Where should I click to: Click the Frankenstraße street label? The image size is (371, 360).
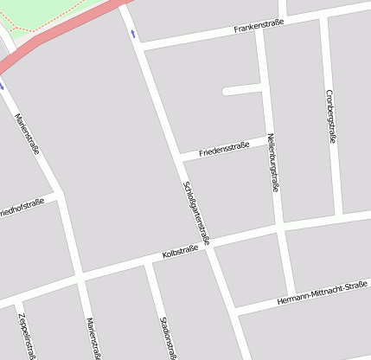(x=259, y=27)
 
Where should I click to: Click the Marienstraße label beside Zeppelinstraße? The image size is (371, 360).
(x=93, y=337)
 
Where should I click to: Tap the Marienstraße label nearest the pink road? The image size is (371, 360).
(x=28, y=129)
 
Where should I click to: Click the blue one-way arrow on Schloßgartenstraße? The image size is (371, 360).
(x=132, y=34)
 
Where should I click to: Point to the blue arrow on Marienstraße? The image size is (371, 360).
(x=2, y=86)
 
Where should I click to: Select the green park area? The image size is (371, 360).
(x=43, y=13)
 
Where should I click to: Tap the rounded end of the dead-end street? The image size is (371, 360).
(x=226, y=90)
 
